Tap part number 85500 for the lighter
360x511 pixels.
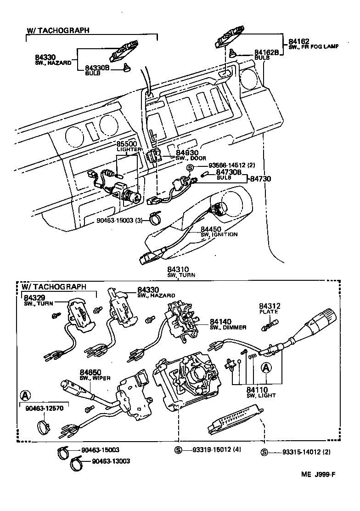point(126,144)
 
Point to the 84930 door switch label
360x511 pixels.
point(186,152)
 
